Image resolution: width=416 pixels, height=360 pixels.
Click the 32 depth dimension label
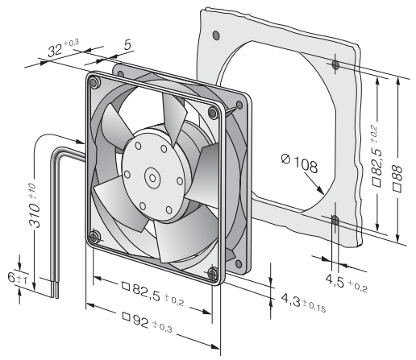(x=63, y=48)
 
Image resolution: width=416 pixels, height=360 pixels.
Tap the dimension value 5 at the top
(x=128, y=44)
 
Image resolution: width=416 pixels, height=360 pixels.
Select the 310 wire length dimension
(x=34, y=205)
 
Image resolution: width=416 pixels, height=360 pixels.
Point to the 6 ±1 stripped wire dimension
(x=17, y=278)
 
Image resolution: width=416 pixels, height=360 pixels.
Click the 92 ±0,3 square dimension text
(x=147, y=322)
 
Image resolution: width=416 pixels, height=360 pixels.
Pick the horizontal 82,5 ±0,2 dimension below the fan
(x=153, y=293)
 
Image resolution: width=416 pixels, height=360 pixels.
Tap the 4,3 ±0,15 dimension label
(x=303, y=303)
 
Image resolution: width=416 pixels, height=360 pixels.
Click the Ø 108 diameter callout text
(x=299, y=163)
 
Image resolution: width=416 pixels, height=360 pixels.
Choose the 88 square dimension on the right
(x=397, y=179)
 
